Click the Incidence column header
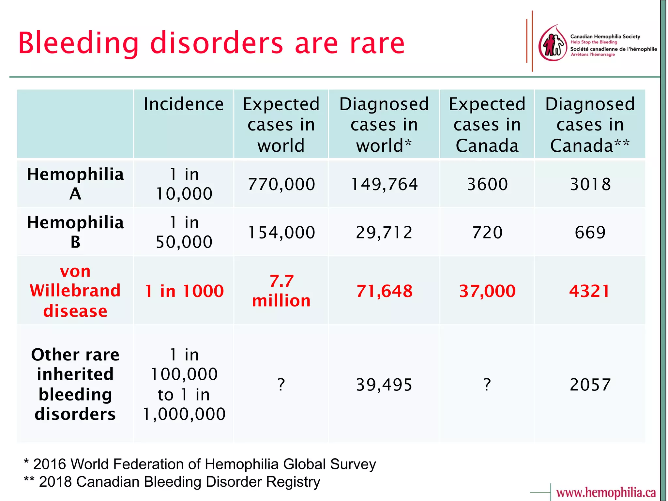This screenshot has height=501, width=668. tap(184, 104)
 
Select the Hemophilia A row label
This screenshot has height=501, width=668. tap(75, 184)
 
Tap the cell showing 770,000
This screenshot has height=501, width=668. tap(281, 184)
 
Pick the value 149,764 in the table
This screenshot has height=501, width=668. tap(384, 184)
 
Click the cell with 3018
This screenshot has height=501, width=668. tap(590, 184)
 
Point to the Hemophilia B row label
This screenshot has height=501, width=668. tap(75, 232)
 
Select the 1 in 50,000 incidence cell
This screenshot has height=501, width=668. tap(184, 232)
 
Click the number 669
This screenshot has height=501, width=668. tap(590, 232)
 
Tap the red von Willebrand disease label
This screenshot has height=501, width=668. tap(75, 291)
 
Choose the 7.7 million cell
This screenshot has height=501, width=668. tap(281, 291)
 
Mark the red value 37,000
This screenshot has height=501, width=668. tap(487, 291)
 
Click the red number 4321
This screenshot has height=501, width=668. tap(589, 291)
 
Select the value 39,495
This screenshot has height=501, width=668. tap(384, 385)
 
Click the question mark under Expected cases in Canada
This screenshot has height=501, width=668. tap(487, 385)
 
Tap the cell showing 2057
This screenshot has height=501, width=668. tap(590, 385)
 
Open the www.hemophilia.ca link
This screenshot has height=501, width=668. tap(606, 492)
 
